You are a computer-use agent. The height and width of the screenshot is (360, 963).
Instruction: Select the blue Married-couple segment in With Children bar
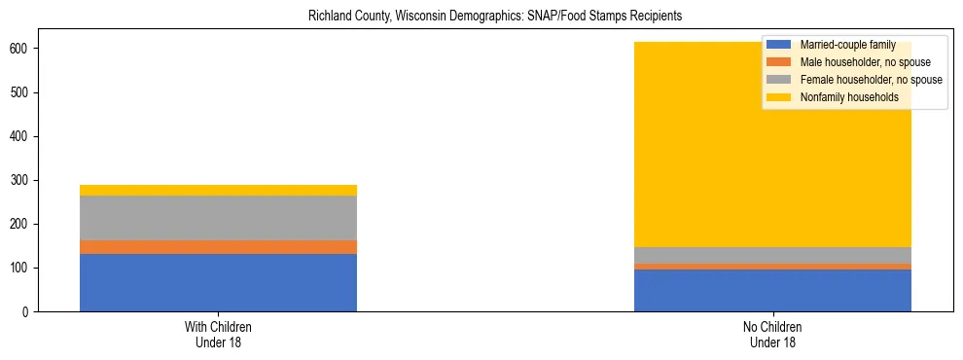218,282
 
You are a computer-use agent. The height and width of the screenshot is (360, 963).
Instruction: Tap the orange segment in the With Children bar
218,247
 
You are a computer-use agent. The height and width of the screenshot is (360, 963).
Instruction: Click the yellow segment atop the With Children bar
218,190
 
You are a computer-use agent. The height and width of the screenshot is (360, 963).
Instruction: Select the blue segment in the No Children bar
772,290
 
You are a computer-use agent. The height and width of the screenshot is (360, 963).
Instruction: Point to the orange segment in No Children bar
772,267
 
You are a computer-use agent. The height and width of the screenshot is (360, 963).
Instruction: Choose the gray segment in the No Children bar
772,255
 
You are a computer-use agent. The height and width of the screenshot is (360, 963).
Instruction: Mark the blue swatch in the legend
779,45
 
